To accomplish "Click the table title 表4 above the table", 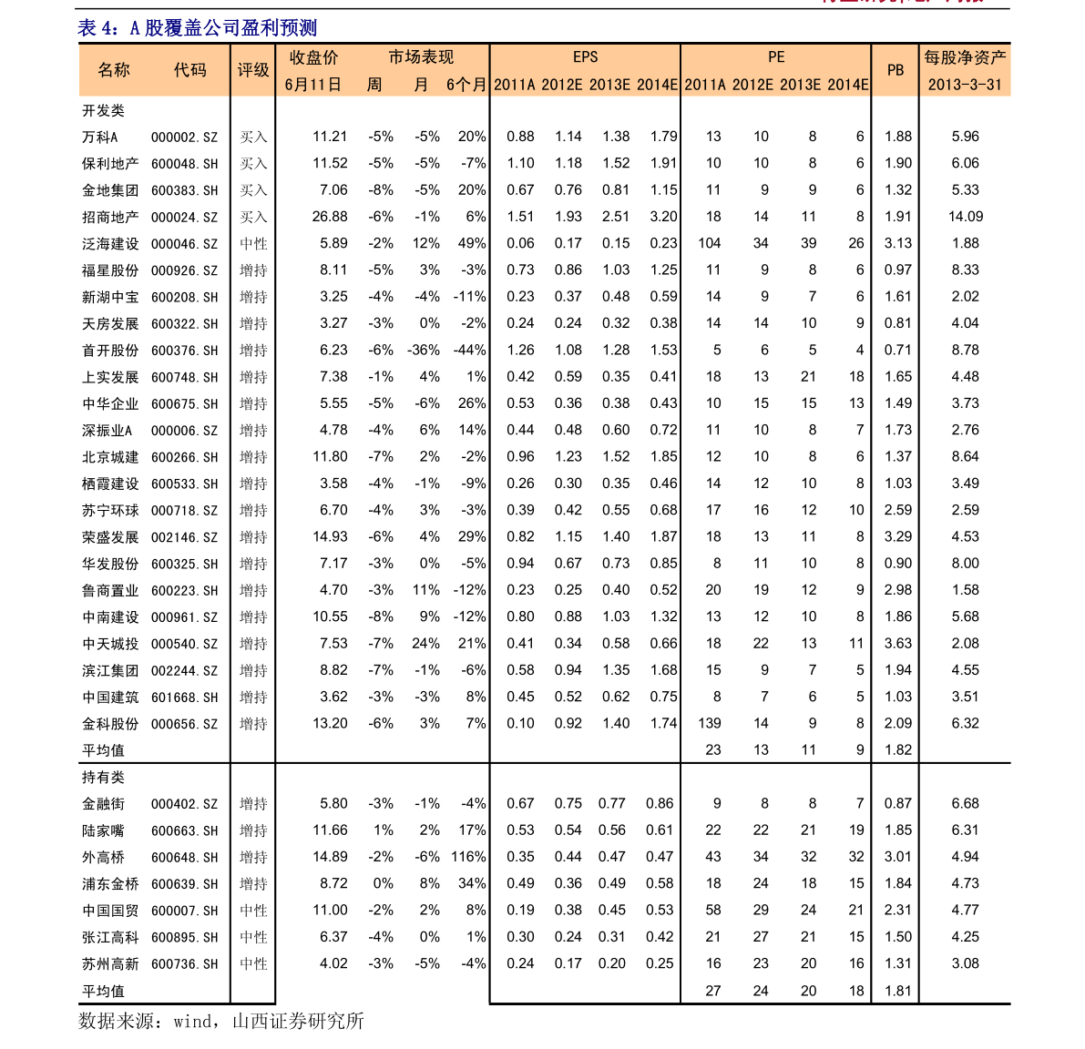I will pos(197,28).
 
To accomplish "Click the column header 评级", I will pos(253,70).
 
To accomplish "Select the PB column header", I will pos(896,70).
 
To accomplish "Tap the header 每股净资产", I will pos(965,57).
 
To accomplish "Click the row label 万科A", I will pos(100,137).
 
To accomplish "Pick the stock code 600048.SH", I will pos(185,164).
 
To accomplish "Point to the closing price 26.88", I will pos(330,217).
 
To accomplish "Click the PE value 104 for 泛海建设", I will pos(709,243).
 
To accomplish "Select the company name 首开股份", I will pos(110,351).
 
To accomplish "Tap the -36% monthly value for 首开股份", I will pos(423,350).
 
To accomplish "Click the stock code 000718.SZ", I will pos(185,511).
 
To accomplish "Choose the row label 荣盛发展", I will pos(110,537).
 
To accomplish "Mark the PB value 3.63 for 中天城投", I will pos(898,644).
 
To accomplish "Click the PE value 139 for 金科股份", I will pos(709,723).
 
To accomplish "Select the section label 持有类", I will pos(103,778).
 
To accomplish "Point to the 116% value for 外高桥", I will pos(468,857).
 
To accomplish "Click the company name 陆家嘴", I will pos(103,830).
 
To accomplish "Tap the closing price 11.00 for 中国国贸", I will pos(330,910).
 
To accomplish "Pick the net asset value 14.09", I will pos(966,217).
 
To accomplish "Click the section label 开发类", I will pos(103,110).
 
